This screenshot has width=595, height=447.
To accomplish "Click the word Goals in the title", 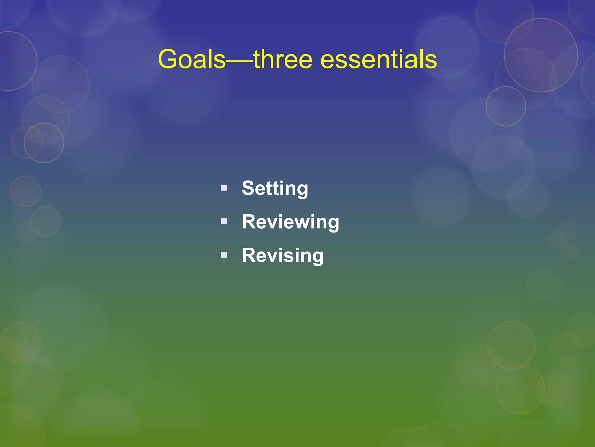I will tap(192, 59).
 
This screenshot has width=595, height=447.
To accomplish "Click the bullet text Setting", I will tap(275, 188).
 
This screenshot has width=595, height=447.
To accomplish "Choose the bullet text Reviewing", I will tap(290, 222).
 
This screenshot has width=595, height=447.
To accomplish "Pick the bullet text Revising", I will tap(282, 255).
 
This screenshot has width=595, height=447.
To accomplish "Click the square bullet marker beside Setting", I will tap(223, 188).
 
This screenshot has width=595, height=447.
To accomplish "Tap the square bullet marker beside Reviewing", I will tap(223, 221).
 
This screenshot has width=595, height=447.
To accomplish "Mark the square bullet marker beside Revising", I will tap(223, 255).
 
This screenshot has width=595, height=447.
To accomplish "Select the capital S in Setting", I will tap(249, 188).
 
